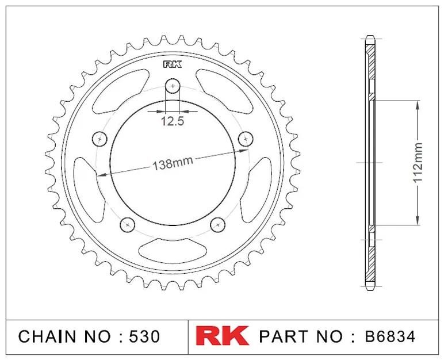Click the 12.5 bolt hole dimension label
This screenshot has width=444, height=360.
click(173, 121)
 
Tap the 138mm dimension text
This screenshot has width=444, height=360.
click(173, 163)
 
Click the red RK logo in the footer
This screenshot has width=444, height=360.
click(222, 336)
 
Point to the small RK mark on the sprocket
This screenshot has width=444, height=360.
click(173, 65)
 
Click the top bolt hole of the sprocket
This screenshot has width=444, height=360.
click(173, 86)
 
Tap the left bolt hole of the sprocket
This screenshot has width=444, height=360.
click(99, 139)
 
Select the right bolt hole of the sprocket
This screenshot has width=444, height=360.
click(246, 139)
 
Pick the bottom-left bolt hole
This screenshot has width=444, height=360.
click(128, 225)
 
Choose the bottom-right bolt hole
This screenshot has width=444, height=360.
click(218, 225)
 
